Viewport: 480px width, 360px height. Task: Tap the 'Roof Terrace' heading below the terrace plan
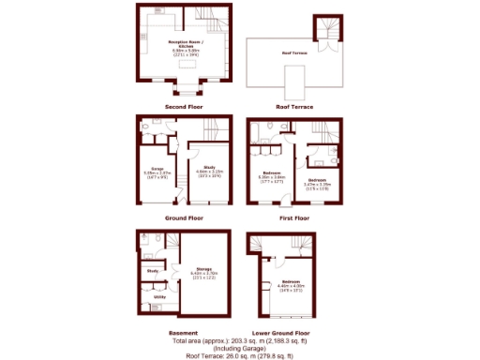[293, 108]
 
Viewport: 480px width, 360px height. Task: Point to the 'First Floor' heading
[293, 217]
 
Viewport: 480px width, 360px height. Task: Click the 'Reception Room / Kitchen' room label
[185, 42]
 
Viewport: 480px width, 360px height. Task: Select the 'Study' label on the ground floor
[208, 168]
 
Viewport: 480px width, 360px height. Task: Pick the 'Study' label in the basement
[152, 272]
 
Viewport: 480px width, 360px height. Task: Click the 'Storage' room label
[204, 269]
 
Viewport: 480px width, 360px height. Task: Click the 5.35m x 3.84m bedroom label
[271, 173]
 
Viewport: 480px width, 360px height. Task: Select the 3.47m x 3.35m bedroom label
[318, 179]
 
